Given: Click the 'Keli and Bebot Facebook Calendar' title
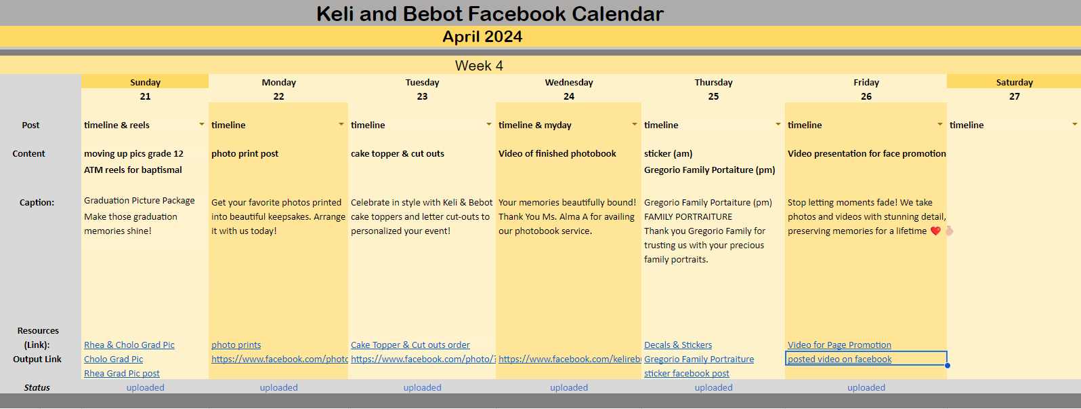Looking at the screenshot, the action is tap(490, 14).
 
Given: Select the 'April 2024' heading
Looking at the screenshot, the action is tap(482, 37).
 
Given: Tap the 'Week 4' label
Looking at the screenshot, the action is tap(480, 66).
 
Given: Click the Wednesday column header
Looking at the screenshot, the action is tap(569, 82).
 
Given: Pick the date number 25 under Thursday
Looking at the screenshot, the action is tap(713, 96).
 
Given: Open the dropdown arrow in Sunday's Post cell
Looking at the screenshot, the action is tap(202, 124).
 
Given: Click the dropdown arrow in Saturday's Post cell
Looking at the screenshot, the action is tap(1075, 124).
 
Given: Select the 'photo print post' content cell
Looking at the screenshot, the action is tap(245, 154).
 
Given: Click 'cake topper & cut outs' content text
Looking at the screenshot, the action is tap(397, 154).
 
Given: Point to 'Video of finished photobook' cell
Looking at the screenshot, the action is tap(557, 154).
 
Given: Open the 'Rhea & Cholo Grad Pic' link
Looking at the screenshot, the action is tap(129, 345).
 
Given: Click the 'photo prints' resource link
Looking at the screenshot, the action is tap(236, 345).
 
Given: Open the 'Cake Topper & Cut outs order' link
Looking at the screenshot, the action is tap(410, 345).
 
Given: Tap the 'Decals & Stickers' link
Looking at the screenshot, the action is tap(678, 345).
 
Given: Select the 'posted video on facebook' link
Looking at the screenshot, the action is tap(840, 359).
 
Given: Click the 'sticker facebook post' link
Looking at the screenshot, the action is tap(687, 373).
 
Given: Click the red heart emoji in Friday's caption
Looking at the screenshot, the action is tap(936, 231).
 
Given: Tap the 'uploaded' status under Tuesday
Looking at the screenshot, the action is tap(422, 388).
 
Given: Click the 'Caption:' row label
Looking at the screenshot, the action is tap(37, 203).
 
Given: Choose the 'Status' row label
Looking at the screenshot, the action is tap(37, 388).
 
